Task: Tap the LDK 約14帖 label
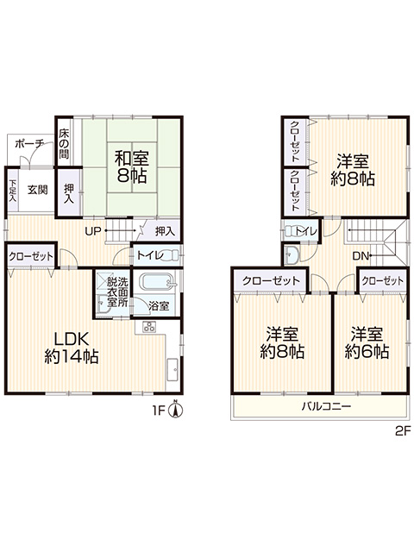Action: [71, 348]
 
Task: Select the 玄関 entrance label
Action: [38, 190]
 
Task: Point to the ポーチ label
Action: [29, 144]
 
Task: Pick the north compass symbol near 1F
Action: [175, 410]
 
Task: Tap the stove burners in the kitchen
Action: [149, 327]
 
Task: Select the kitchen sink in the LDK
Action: [172, 369]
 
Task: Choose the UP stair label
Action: [93, 231]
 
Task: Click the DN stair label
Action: [361, 256]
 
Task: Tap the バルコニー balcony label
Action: [326, 407]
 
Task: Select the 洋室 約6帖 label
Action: [367, 342]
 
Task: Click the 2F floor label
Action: [403, 431]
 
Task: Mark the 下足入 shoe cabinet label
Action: [13, 191]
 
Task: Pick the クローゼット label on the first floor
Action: [31, 256]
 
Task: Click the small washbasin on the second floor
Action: [292, 254]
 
